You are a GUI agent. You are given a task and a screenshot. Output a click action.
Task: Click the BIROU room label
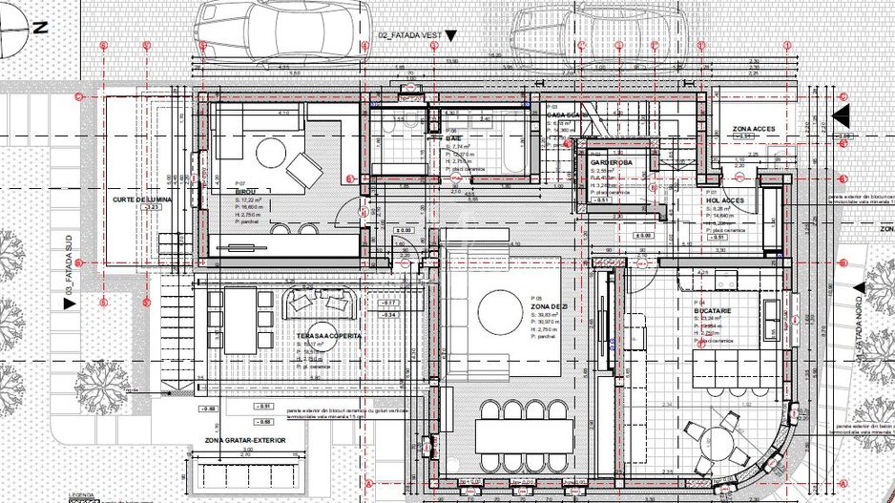(248, 190)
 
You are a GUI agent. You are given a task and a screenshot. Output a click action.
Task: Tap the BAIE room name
(453, 137)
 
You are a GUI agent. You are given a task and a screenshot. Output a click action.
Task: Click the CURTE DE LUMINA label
(142, 199)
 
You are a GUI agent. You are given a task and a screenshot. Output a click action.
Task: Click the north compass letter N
(40, 29)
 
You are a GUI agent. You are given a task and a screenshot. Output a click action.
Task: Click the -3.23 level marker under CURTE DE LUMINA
(149, 206)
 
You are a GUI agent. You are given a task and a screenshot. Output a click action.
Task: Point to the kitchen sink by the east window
(771, 312)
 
